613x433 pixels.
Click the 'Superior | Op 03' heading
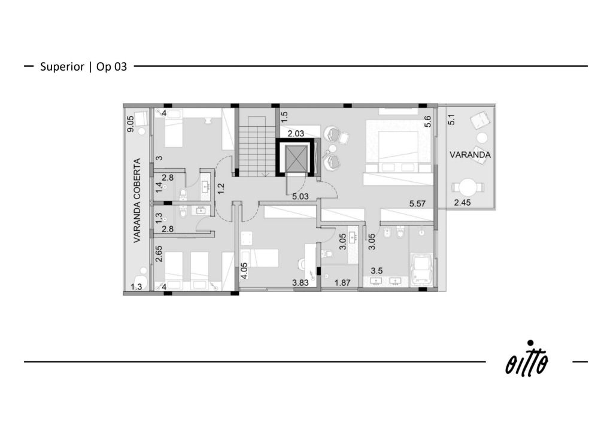pyautogui.click(x=83, y=67)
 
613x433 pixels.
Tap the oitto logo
pyautogui.click(x=527, y=359)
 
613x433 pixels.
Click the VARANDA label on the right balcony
pyautogui.click(x=470, y=155)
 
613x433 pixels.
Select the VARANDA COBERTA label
pyautogui.click(x=137, y=200)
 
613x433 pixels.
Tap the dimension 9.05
pyautogui.click(x=130, y=124)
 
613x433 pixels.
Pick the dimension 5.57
pyautogui.click(x=417, y=203)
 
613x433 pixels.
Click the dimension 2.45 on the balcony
pyautogui.click(x=463, y=202)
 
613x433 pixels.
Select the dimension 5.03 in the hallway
pyautogui.click(x=301, y=196)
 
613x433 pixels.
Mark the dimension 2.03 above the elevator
pyautogui.click(x=296, y=133)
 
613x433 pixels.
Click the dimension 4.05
pyautogui.click(x=244, y=270)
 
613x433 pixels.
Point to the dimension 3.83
pyautogui.click(x=301, y=283)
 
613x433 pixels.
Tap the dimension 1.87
pyautogui.click(x=342, y=283)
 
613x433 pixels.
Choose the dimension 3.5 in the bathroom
pyautogui.click(x=377, y=270)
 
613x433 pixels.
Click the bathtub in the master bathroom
pyautogui.click(x=422, y=269)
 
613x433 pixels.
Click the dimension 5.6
pyautogui.click(x=427, y=121)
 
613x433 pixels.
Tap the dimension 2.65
pyautogui.click(x=159, y=254)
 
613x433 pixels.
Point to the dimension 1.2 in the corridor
pyautogui.click(x=221, y=188)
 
